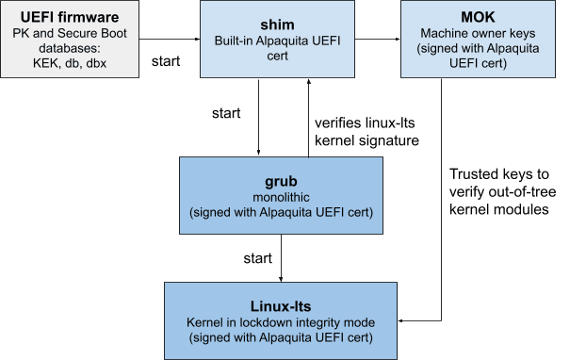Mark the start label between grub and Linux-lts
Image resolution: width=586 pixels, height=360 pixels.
(x=257, y=256)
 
